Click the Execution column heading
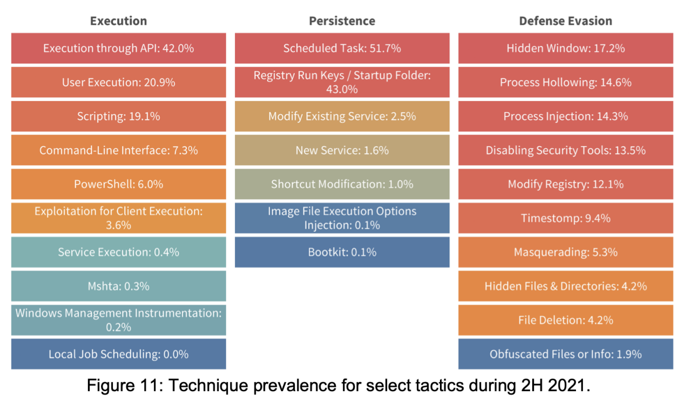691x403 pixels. pyautogui.click(x=118, y=21)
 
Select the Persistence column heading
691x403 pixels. pyautogui.click(x=342, y=21)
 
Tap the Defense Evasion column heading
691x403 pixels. pyautogui.click(x=565, y=21)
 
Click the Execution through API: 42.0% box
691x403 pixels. pyautogui.click(x=118, y=48)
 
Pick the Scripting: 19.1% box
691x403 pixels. pyautogui.click(x=118, y=116)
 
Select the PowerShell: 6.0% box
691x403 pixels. pyautogui.click(x=118, y=184)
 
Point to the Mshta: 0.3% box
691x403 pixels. pyautogui.click(x=118, y=286)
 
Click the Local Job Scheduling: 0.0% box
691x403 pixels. pyautogui.click(x=118, y=354)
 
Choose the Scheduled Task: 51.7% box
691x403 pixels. pyautogui.click(x=342, y=48)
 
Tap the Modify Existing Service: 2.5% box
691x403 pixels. pyautogui.click(x=342, y=116)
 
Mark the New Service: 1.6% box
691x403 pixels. pyautogui.click(x=342, y=150)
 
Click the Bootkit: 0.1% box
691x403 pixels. pyautogui.click(x=342, y=252)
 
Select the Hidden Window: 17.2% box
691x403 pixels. pyautogui.click(x=565, y=48)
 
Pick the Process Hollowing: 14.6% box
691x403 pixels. pyautogui.click(x=565, y=82)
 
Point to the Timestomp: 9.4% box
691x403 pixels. pyautogui.click(x=565, y=218)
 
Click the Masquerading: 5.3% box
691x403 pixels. pyautogui.click(x=565, y=252)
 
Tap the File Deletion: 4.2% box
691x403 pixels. pyautogui.click(x=565, y=320)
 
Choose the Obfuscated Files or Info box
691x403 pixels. pyautogui.click(x=565, y=354)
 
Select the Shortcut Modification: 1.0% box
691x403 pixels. pyautogui.click(x=342, y=184)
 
